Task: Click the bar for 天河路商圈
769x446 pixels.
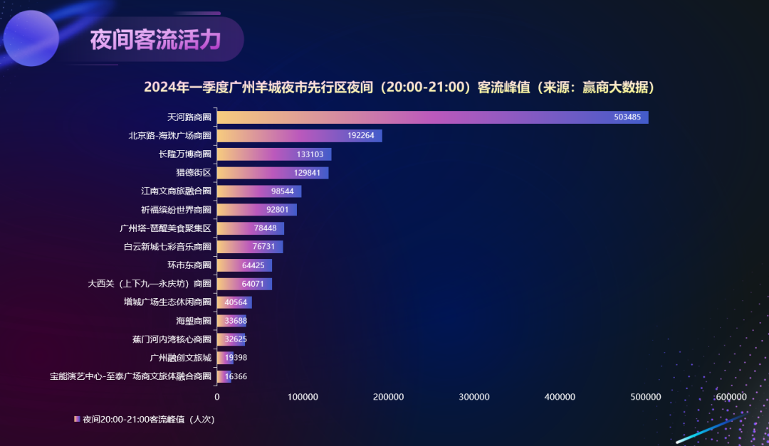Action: coord(431,117)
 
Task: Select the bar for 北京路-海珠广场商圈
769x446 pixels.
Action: coord(299,136)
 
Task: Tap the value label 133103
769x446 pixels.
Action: coord(309,154)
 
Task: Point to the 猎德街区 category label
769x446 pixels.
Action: coord(194,173)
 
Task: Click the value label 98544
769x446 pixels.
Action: coord(283,191)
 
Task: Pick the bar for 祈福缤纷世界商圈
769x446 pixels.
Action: coord(256,210)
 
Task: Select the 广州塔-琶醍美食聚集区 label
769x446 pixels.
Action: coord(166,228)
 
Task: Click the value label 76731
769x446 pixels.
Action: coord(263,247)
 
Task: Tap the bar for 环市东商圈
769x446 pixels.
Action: coord(244,265)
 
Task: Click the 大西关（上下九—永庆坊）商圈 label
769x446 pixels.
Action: coord(150,284)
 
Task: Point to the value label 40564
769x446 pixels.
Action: coord(236,302)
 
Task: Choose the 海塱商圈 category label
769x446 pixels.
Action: coord(194,321)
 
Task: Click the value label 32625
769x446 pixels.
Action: coord(236,339)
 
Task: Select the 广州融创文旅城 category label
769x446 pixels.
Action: coord(180,358)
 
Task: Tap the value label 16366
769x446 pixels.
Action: coord(236,376)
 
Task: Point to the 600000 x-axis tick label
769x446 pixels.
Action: coord(731,397)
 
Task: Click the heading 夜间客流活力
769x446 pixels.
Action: coord(155,40)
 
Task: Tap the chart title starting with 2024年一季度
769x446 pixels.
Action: coord(399,87)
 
